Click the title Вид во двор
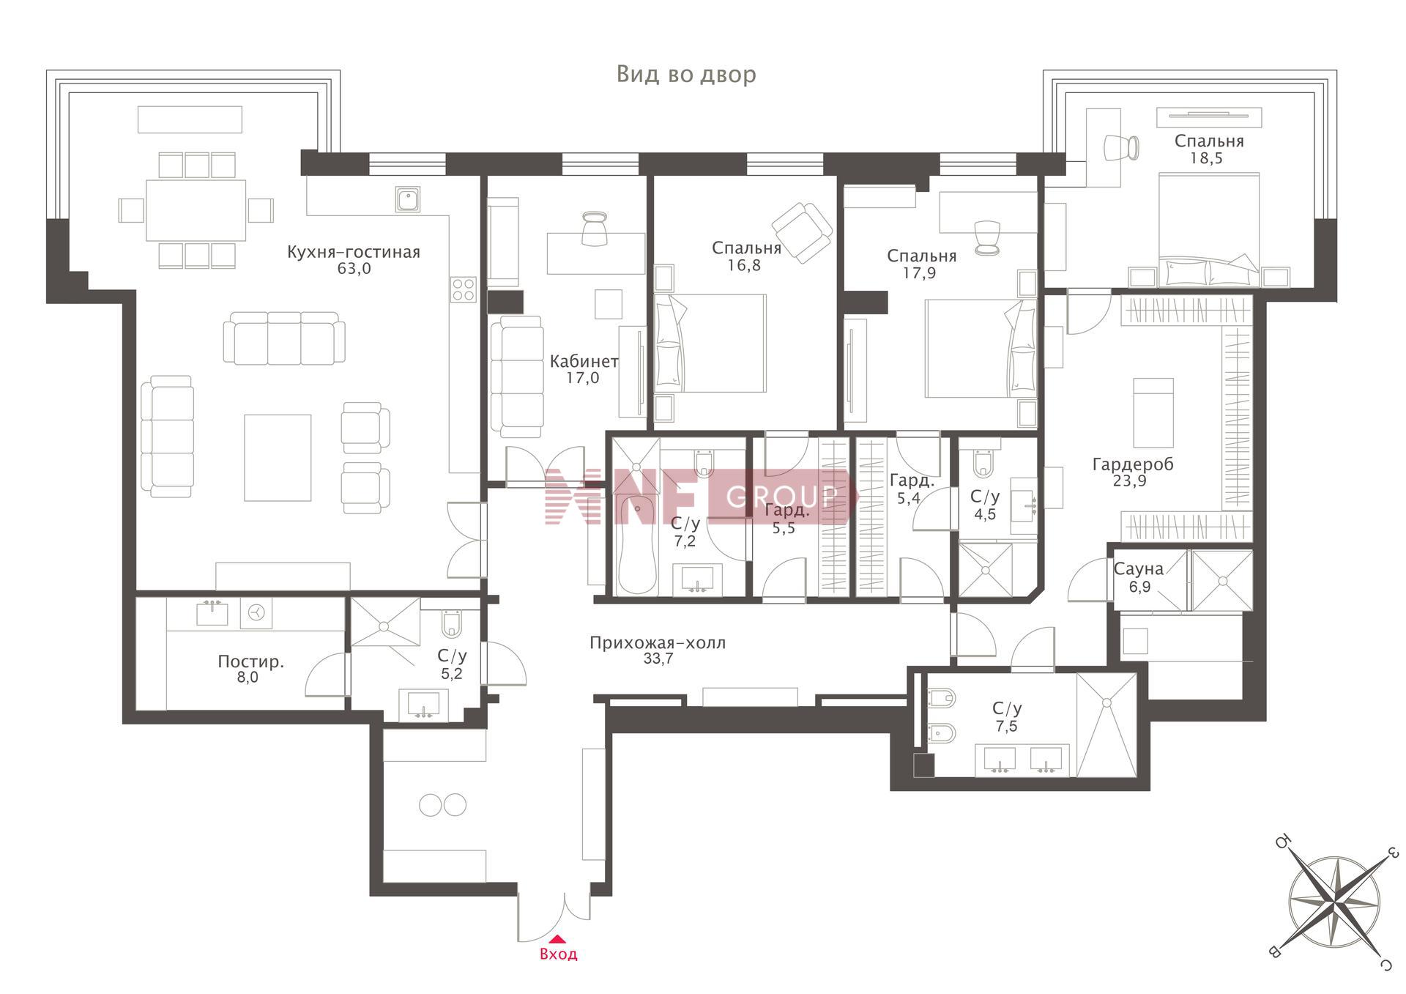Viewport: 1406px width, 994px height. (x=686, y=75)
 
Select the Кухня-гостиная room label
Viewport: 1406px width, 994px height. (x=354, y=252)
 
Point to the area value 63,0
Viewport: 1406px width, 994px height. (x=354, y=269)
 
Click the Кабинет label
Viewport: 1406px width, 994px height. (x=584, y=361)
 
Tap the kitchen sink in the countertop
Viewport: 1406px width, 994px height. (x=408, y=199)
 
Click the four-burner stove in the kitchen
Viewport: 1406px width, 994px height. (x=464, y=289)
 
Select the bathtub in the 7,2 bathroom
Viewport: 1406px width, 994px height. (x=637, y=545)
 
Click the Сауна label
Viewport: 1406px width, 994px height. (x=1138, y=569)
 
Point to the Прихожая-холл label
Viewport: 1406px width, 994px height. (x=658, y=643)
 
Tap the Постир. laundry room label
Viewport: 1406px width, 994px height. (x=250, y=661)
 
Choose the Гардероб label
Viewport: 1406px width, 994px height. (x=1132, y=464)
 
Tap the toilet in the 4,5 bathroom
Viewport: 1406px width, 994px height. (x=983, y=462)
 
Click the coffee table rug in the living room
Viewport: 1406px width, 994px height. (x=278, y=458)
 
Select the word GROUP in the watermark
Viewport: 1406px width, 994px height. (x=781, y=497)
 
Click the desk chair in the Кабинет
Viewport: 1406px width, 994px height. (x=594, y=229)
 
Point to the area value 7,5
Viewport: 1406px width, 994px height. (x=1006, y=726)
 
